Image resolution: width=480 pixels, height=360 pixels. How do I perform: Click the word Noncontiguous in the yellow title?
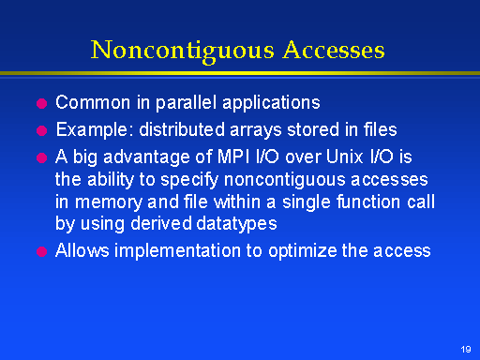183,51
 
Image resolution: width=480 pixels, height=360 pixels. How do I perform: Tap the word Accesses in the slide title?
334,50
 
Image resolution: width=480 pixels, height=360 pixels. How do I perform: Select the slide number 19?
466,349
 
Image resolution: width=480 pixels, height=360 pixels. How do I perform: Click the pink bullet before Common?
41,103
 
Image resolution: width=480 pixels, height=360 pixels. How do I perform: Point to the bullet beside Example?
41,130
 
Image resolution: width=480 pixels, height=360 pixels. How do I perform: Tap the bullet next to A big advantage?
41,157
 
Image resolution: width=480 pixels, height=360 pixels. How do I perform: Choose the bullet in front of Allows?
41,251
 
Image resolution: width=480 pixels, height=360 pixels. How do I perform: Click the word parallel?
186,103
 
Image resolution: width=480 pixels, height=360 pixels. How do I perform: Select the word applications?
271,103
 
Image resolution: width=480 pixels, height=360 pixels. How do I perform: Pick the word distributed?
182,129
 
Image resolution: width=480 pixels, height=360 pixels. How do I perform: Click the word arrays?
256,131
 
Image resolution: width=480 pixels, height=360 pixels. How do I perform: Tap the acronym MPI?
233,157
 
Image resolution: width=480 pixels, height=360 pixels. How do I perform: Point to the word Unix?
344,157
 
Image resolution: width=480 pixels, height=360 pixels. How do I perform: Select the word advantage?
146,157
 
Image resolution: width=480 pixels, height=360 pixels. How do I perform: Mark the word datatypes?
236,224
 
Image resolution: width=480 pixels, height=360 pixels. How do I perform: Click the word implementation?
178,251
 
